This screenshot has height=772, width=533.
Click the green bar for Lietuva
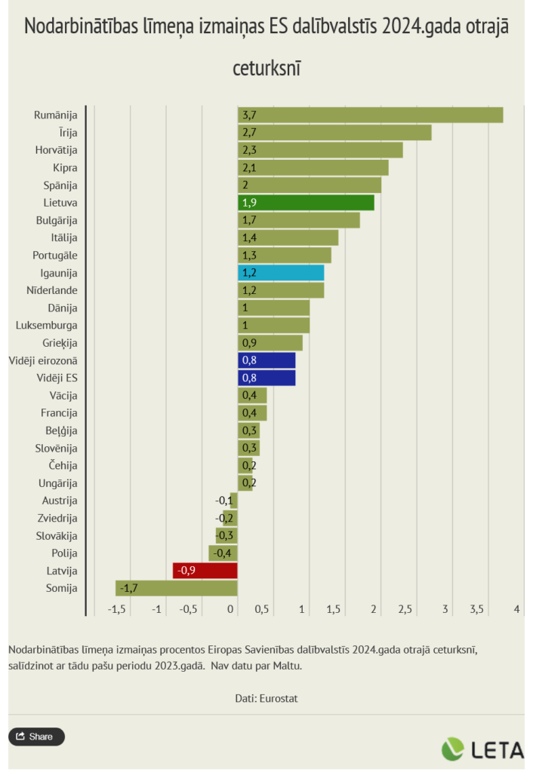click(x=306, y=203)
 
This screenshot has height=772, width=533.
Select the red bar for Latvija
click(x=205, y=571)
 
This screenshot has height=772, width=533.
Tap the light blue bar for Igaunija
click(x=281, y=273)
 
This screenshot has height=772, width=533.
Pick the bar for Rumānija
click(x=370, y=115)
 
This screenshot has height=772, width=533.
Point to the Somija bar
click(x=177, y=588)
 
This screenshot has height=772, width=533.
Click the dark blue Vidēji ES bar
click(x=266, y=378)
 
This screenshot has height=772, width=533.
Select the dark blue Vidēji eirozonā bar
click(x=266, y=360)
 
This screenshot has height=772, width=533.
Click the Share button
click(x=36, y=737)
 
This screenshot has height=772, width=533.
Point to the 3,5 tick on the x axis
click(x=476, y=609)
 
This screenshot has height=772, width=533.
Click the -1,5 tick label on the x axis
click(x=116, y=609)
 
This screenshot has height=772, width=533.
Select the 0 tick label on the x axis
click(x=232, y=609)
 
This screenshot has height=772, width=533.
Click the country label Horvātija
click(x=56, y=150)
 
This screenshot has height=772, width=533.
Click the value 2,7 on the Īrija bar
click(x=249, y=133)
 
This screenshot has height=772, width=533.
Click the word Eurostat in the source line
click(x=279, y=698)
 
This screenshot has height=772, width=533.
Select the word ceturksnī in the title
click(x=266, y=67)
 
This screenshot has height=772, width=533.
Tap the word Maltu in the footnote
click(x=286, y=666)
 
